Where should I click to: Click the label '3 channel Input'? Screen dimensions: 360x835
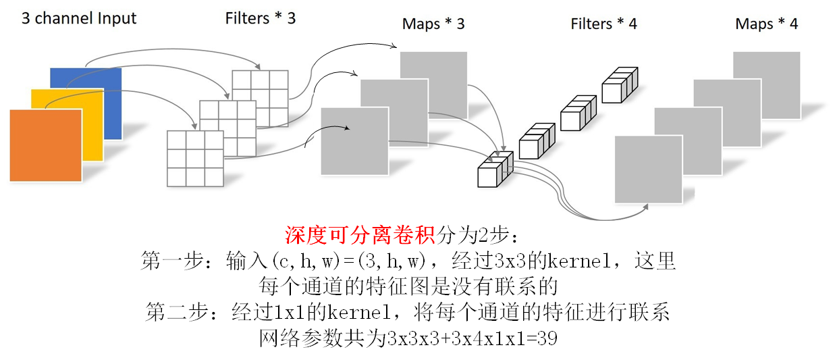point(79,18)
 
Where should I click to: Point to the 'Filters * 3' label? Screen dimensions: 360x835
point(260,18)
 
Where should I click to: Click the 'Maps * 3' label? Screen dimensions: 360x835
point(433,24)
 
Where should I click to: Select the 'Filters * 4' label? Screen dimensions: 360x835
point(603,24)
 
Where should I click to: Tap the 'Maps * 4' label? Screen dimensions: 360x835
point(766,24)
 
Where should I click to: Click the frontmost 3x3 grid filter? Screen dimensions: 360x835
point(195,159)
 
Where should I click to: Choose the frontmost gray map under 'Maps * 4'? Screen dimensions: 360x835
point(647,169)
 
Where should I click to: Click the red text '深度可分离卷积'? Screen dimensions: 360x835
point(360,236)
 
